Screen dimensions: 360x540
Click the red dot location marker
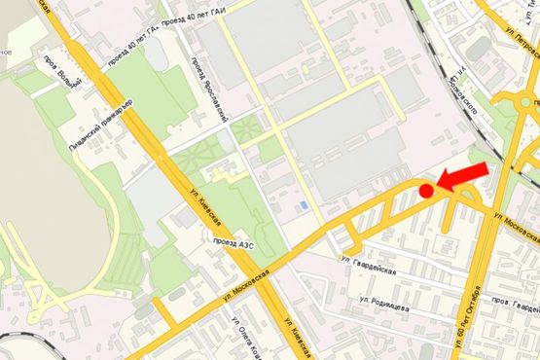(425, 191)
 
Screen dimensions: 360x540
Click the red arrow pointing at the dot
(461, 174)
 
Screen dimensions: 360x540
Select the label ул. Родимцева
(383, 303)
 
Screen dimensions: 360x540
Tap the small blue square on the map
(306, 205)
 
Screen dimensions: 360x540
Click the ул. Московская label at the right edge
(515, 226)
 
